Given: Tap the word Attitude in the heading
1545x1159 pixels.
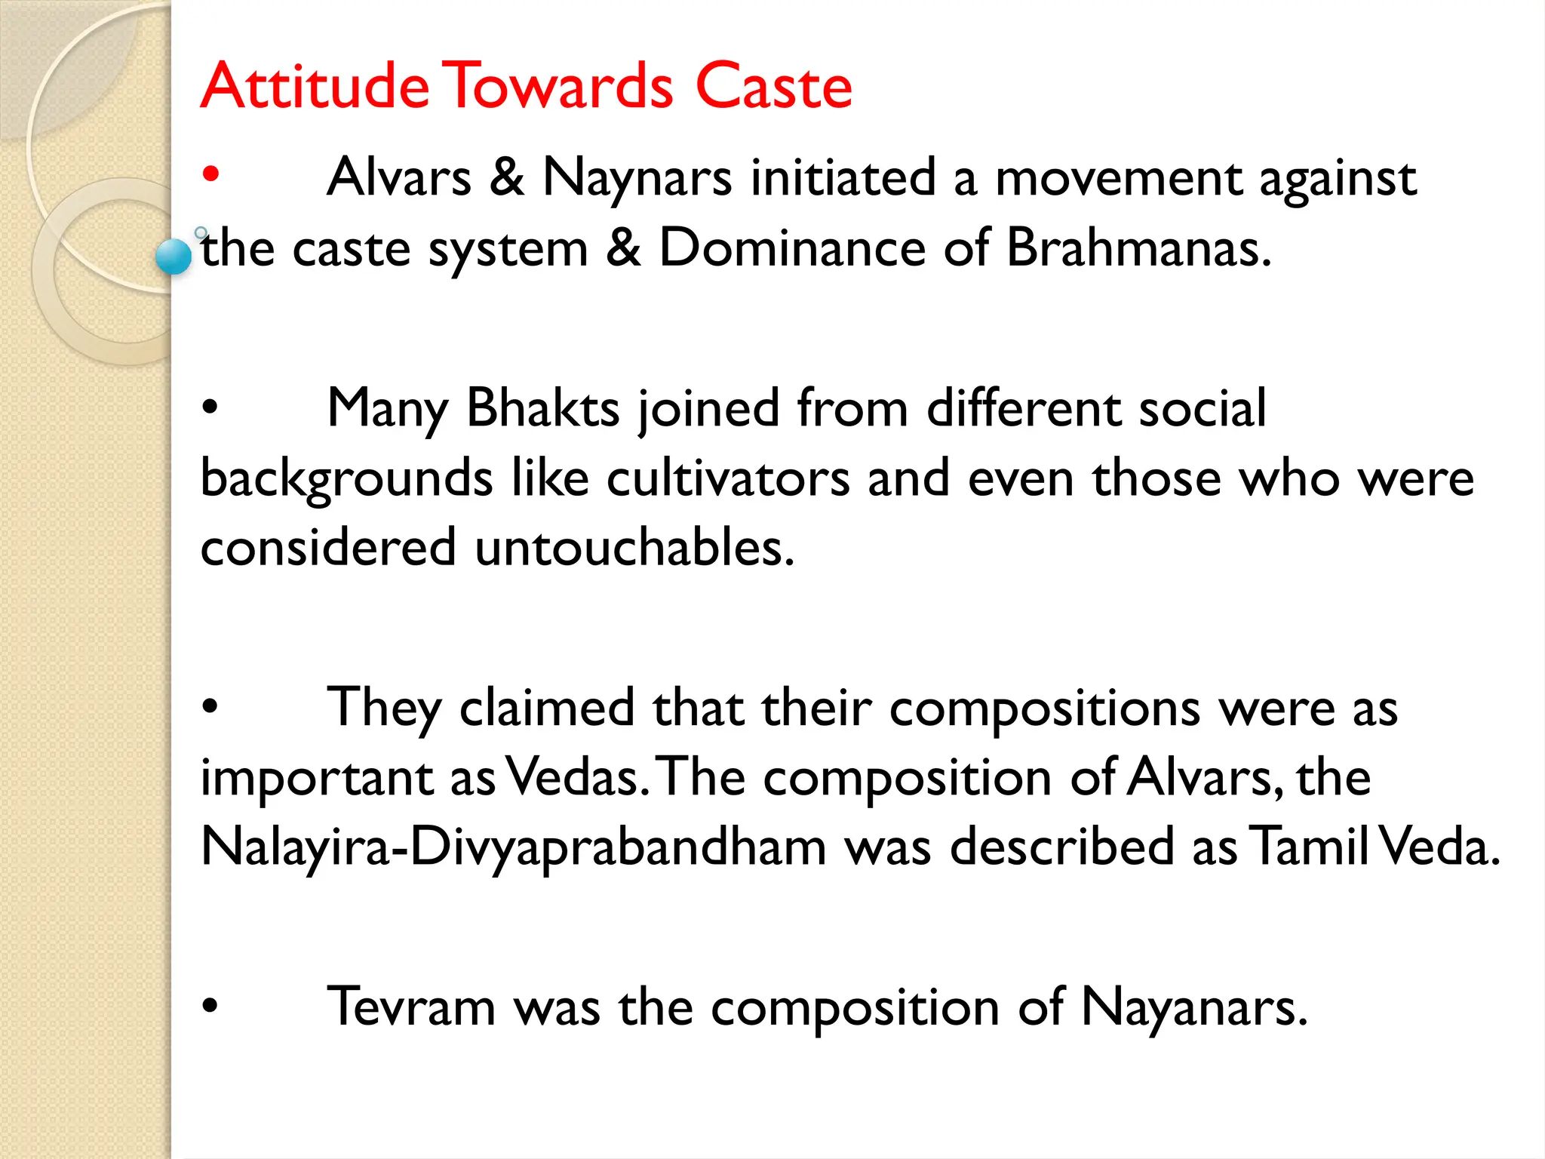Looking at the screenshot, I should [x=315, y=86].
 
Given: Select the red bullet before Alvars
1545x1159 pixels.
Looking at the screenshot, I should [x=211, y=174].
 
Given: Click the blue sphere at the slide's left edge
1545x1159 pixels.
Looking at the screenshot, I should [x=174, y=257].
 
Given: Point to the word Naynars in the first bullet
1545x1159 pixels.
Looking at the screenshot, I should [x=637, y=179].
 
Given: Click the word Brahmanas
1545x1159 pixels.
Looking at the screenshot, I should [x=1138, y=247].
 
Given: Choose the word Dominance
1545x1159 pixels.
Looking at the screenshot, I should [x=792, y=247].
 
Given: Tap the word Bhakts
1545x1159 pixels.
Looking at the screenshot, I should [x=542, y=408].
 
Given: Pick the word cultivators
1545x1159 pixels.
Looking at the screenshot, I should [x=728, y=478].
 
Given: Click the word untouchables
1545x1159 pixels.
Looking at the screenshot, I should [x=634, y=547].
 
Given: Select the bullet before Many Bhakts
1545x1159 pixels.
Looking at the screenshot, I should [x=210, y=408].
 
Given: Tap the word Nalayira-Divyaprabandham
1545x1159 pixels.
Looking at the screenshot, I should [x=513, y=847].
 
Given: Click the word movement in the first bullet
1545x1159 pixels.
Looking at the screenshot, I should [x=1118, y=179].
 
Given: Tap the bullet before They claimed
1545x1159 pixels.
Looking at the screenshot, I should [x=210, y=707].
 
